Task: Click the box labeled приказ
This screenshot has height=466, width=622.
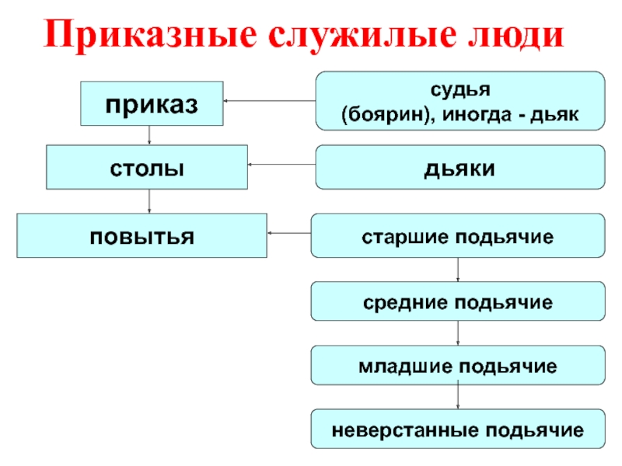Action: coord(152,103)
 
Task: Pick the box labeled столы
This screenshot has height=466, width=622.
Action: coord(147,167)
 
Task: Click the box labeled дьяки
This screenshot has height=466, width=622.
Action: coord(460,167)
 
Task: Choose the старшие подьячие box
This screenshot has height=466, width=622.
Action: coord(457,235)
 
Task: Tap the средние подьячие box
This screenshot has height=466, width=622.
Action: coord(457,301)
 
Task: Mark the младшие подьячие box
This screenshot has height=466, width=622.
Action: coord(457,366)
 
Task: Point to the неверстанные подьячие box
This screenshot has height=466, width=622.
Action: coord(457,429)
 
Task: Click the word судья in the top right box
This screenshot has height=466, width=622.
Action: coord(460,90)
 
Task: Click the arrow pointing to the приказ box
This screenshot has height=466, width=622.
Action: coord(269,101)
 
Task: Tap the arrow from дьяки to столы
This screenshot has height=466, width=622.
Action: coord(281,165)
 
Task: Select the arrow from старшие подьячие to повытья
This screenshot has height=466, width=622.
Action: coord(288,233)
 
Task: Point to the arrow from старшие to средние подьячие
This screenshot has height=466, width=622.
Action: coord(457,270)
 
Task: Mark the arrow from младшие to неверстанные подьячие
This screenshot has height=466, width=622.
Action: coord(457,397)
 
